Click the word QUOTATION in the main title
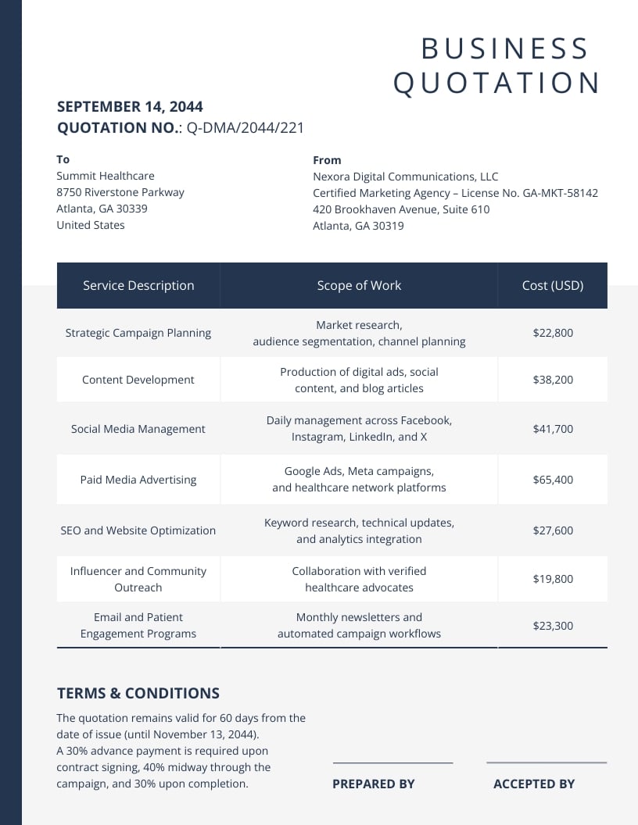click(496, 83)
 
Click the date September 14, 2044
click(130, 107)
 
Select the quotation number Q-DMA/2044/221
click(245, 128)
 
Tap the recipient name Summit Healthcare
click(106, 176)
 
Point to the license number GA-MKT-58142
click(554, 193)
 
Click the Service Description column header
click(138, 285)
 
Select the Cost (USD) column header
click(553, 285)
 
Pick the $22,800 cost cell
click(553, 333)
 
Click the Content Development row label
click(138, 380)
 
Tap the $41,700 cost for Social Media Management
click(553, 429)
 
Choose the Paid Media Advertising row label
click(138, 480)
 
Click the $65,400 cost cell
click(553, 480)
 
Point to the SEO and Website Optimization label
click(138, 530)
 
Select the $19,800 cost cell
click(553, 579)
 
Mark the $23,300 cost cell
click(553, 625)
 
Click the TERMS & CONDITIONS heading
click(138, 693)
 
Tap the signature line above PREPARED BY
click(392, 762)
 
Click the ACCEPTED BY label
click(534, 784)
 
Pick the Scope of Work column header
click(359, 285)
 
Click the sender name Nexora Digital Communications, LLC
click(405, 177)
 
